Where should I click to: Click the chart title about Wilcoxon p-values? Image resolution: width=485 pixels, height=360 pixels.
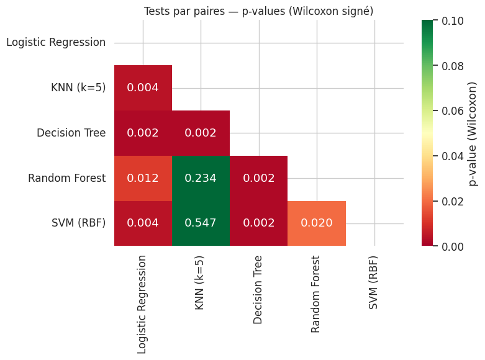click(258, 11)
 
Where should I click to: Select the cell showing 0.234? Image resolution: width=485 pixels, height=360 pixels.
click(201, 178)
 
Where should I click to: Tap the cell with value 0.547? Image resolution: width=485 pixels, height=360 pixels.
click(201, 223)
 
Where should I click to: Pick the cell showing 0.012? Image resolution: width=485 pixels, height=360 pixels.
click(143, 178)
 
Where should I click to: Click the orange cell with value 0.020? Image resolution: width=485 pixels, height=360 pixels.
click(317, 223)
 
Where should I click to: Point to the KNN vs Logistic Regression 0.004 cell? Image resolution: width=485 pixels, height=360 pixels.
click(143, 88)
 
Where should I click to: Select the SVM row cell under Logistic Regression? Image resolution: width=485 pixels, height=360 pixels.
click(143, 223)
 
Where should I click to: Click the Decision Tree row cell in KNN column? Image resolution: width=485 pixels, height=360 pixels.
click(201, 133)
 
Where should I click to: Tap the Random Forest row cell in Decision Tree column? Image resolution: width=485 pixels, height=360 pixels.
click(258, 178)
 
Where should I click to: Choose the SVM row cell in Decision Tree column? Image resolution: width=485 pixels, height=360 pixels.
click(258, 223)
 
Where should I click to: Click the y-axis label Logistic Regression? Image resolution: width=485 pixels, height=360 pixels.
click(56, 42)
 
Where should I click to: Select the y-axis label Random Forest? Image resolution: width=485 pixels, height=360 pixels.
click(66, 178)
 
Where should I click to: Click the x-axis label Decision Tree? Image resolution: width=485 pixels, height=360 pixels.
click(258, 289)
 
